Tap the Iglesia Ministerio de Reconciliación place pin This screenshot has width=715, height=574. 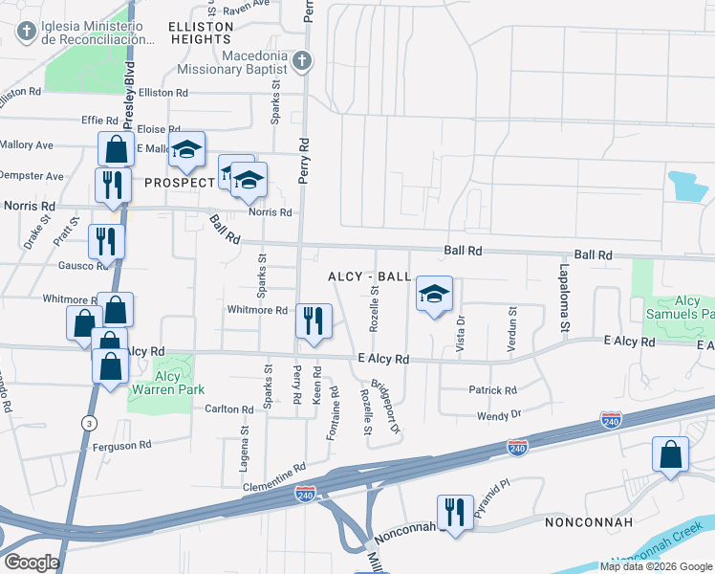pos(26,32)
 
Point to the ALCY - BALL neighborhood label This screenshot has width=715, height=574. pos(369,276)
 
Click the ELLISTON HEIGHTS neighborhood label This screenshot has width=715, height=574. pos(202,32)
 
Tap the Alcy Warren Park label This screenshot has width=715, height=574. pos(161,376)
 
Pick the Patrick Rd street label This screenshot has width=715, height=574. pos(492,390)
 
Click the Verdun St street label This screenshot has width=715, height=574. pos(512,329)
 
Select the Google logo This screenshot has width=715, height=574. pos(32,563)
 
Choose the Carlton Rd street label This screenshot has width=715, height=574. pos(229,409)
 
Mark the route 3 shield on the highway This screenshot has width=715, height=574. pos(89,422)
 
